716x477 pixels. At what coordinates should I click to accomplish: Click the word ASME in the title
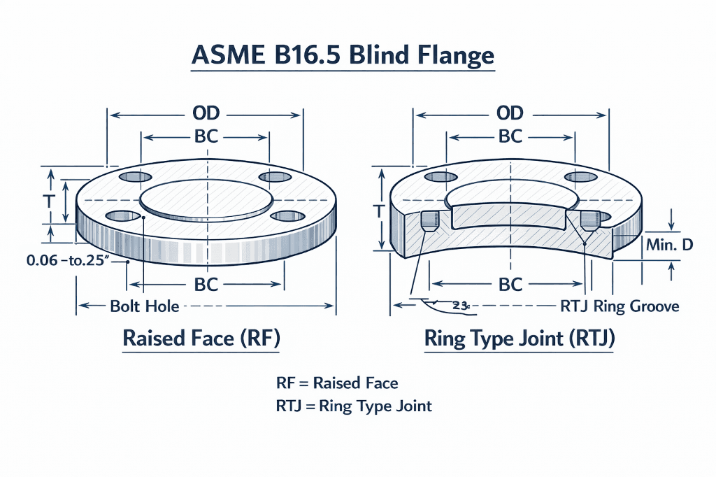(224, 57)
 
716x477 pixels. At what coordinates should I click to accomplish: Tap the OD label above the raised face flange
(206, 114)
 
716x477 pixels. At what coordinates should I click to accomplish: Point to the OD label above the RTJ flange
(510, 114)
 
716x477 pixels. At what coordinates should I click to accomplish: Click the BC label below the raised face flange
(206, 285)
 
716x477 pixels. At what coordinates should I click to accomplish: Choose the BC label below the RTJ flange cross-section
(510, 285)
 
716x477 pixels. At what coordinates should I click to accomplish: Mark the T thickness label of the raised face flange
(50, 201)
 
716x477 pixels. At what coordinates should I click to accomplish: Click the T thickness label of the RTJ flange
(379, 209)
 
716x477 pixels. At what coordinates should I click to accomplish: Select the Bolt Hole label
(145, 306)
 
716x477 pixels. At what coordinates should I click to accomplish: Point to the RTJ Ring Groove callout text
(620, 306)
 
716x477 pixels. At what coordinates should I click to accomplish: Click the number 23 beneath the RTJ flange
(460, 306)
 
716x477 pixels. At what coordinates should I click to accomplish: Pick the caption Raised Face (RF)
(201, 339)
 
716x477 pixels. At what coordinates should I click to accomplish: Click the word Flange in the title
(454, 57)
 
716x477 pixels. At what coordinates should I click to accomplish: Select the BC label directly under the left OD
(206, 136)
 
